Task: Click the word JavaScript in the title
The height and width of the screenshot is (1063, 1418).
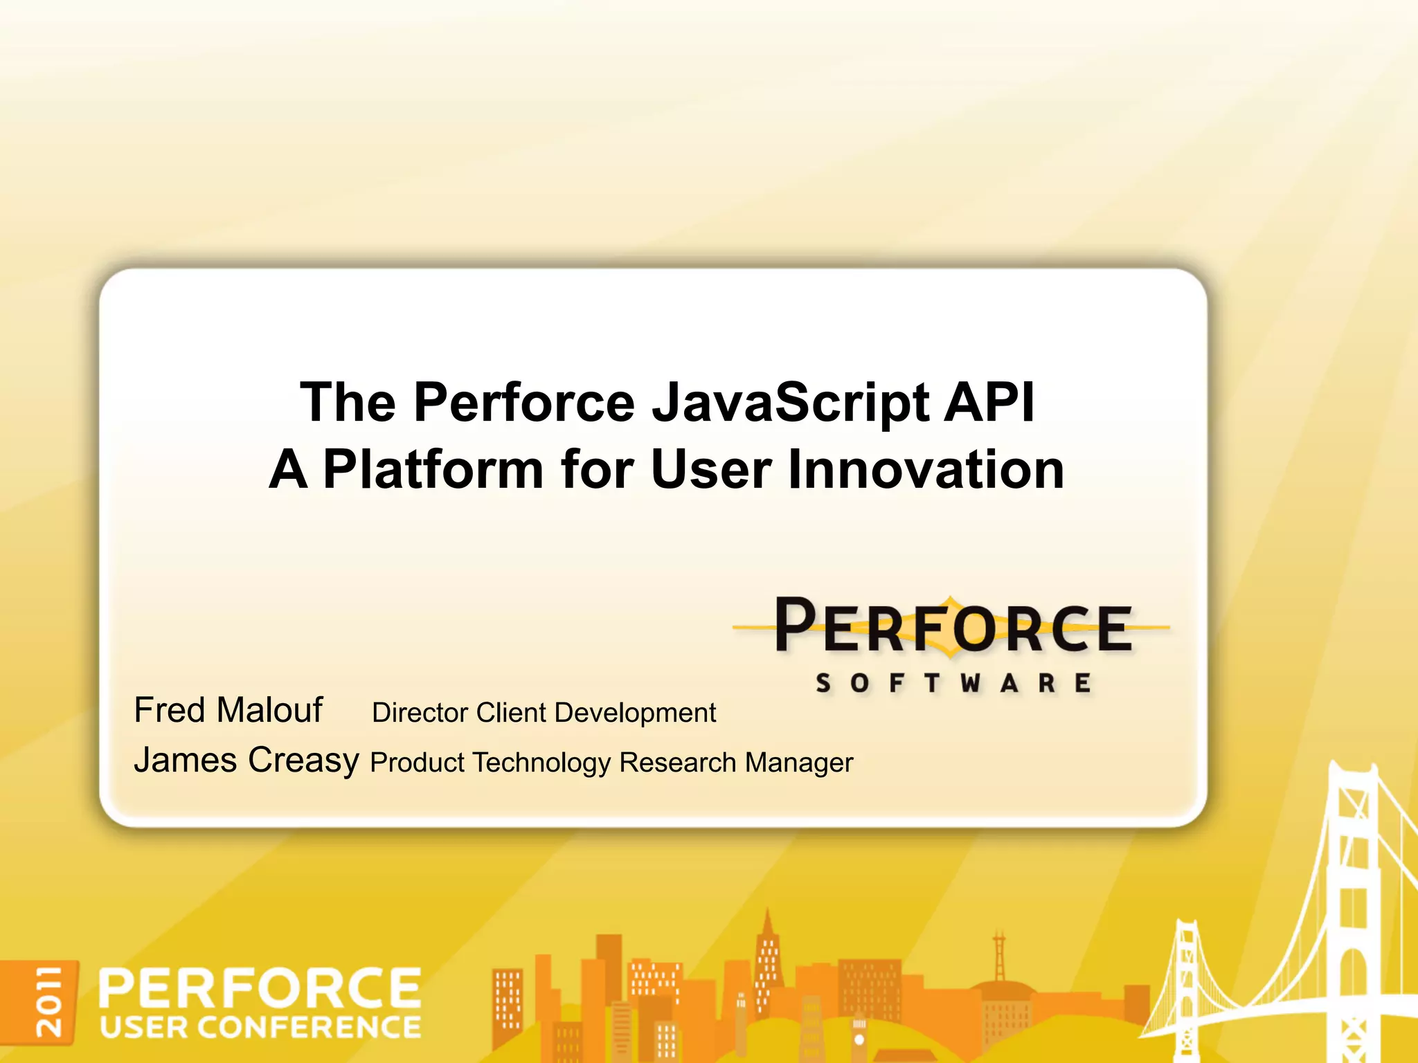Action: coord(790,403)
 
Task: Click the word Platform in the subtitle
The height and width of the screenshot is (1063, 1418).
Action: coord(433,470)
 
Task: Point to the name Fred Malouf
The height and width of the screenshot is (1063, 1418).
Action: coord(228,710)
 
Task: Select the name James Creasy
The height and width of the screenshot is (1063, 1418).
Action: coord(246,760)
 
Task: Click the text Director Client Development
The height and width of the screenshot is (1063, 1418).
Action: coord(544,713)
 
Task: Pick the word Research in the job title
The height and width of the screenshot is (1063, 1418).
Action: coord(677,763)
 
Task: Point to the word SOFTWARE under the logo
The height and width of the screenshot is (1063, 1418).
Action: coord(954,684)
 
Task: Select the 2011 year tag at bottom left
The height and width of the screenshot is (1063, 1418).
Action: coord(49,1001)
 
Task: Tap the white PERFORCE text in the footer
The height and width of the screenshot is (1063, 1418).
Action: coord(260,988)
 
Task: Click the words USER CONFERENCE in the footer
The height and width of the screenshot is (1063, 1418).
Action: coord(260,1028)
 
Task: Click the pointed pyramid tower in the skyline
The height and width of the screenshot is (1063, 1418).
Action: coord(766,955)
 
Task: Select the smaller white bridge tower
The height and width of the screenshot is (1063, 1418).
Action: coord(1185,983)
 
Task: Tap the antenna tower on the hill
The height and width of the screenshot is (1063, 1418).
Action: coord(998,958)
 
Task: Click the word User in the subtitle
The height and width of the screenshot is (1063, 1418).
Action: coord(711,470)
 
